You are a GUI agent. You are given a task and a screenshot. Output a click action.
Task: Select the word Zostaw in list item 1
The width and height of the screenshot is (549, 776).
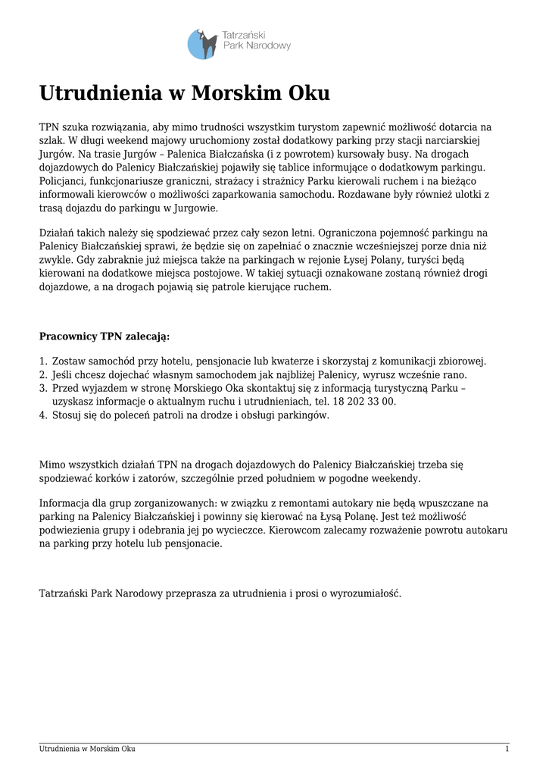point(69,361)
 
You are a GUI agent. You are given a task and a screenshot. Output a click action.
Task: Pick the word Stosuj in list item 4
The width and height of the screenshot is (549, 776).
point(67,415)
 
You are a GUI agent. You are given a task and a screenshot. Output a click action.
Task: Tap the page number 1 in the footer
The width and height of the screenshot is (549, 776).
point(507,749)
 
